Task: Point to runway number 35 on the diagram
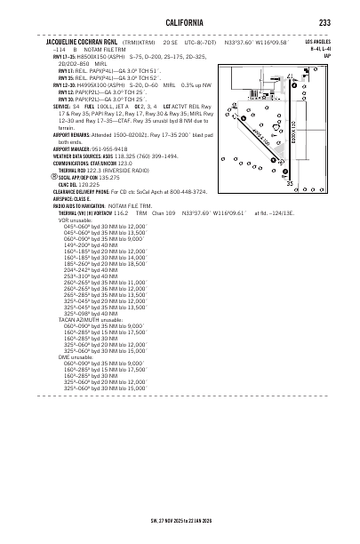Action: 314,207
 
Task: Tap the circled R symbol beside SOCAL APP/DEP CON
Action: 50,177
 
